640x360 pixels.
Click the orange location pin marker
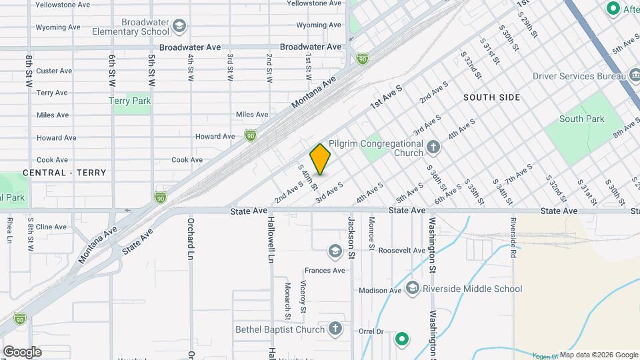[320, 159]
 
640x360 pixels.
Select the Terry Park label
[130, 101]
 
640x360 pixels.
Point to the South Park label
[581, 119]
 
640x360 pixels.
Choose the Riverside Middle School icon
[412, 289]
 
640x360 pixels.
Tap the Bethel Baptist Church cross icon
[335, 329]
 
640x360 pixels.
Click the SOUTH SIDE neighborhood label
[491, 97]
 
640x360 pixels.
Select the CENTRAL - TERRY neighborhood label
[64, 173]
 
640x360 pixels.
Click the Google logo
[22, 351]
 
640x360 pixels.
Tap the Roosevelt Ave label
[401, 251]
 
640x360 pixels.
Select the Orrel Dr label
[371, 331]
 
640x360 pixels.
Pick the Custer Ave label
[54, 71]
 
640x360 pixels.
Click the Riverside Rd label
[513, 237]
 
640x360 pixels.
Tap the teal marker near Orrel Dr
[401, 339]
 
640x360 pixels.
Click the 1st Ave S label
[387, 97]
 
